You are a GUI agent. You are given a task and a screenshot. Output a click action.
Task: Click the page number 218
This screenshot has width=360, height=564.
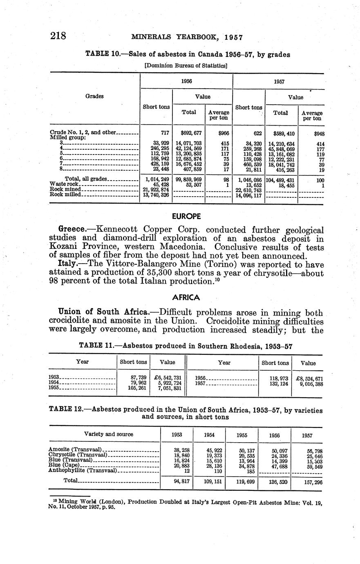pyautogui.click(x=58, y=36)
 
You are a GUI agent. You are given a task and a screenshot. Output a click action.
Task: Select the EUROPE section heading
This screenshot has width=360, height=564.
pyautogui.click(x=186, y=216)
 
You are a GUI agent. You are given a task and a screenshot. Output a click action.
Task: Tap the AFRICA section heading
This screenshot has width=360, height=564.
pyautogui.click(x=186, y=297)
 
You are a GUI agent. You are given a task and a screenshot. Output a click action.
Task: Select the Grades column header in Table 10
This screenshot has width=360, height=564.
pyautogui.click(x=94, y=96)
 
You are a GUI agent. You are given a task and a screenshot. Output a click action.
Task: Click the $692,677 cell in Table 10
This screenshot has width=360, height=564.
pyautogui.click(x=188, y=133)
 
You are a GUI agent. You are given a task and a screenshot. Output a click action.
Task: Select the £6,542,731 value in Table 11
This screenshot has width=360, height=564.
pyautogui.click(x=168, y=378)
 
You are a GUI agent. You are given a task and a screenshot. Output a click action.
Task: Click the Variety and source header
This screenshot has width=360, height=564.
pyautogui.click(x=108, y=434)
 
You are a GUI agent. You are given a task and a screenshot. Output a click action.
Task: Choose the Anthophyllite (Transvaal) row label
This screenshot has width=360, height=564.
pyautogui.click(x=83, y=471)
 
